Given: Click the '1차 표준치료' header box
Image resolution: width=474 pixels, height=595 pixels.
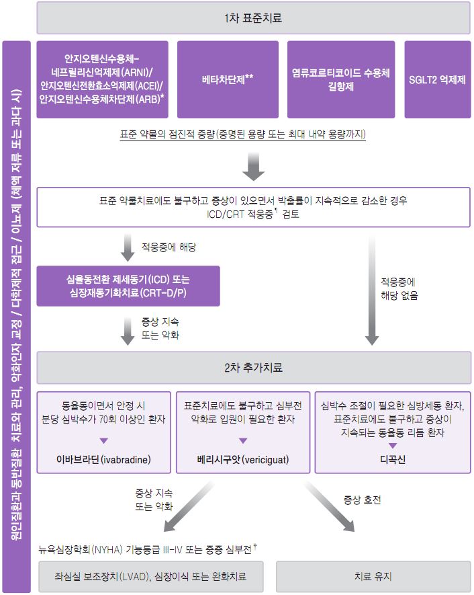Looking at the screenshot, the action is (254, 18).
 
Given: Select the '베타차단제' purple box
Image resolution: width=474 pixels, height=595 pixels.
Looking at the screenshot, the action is (228, 79).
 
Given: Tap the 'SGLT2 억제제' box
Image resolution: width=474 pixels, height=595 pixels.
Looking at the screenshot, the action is (438, 79).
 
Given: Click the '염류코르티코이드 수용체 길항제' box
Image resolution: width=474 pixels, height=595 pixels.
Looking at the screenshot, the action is (341, 79).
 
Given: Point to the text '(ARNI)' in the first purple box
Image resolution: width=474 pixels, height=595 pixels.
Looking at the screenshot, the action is (137, 72).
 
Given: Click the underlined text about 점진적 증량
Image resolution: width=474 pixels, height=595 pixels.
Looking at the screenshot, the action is (243, 134).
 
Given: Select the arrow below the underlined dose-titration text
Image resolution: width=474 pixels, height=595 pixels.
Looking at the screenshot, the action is (254, 167).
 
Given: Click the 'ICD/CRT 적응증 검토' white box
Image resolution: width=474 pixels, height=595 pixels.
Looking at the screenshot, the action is (254, 207).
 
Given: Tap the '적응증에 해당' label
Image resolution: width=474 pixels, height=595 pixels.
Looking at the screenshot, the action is (169, 247).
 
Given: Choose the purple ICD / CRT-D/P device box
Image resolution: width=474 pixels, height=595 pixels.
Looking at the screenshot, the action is (128, 286).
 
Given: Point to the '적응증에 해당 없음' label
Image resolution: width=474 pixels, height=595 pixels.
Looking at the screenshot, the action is (399, 289).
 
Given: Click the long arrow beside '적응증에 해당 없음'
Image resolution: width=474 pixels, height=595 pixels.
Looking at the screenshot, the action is (372, 290).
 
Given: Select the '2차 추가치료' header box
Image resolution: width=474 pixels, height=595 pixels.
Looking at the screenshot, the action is (254, 367).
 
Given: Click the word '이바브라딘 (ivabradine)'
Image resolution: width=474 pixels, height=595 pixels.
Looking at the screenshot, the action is (103, 460).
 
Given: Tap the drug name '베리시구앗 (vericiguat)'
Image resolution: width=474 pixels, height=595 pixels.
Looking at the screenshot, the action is (243, 460).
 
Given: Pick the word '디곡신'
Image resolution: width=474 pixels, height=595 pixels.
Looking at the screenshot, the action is (393, 460).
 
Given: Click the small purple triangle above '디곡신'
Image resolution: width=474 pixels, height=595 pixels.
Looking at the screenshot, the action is (393, 446).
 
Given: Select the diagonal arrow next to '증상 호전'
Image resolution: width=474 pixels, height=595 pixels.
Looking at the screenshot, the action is (329, 506).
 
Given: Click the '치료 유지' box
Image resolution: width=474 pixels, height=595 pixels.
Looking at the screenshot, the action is (373, 576).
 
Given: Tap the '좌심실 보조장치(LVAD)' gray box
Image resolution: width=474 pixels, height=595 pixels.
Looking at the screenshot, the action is (151, 576).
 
